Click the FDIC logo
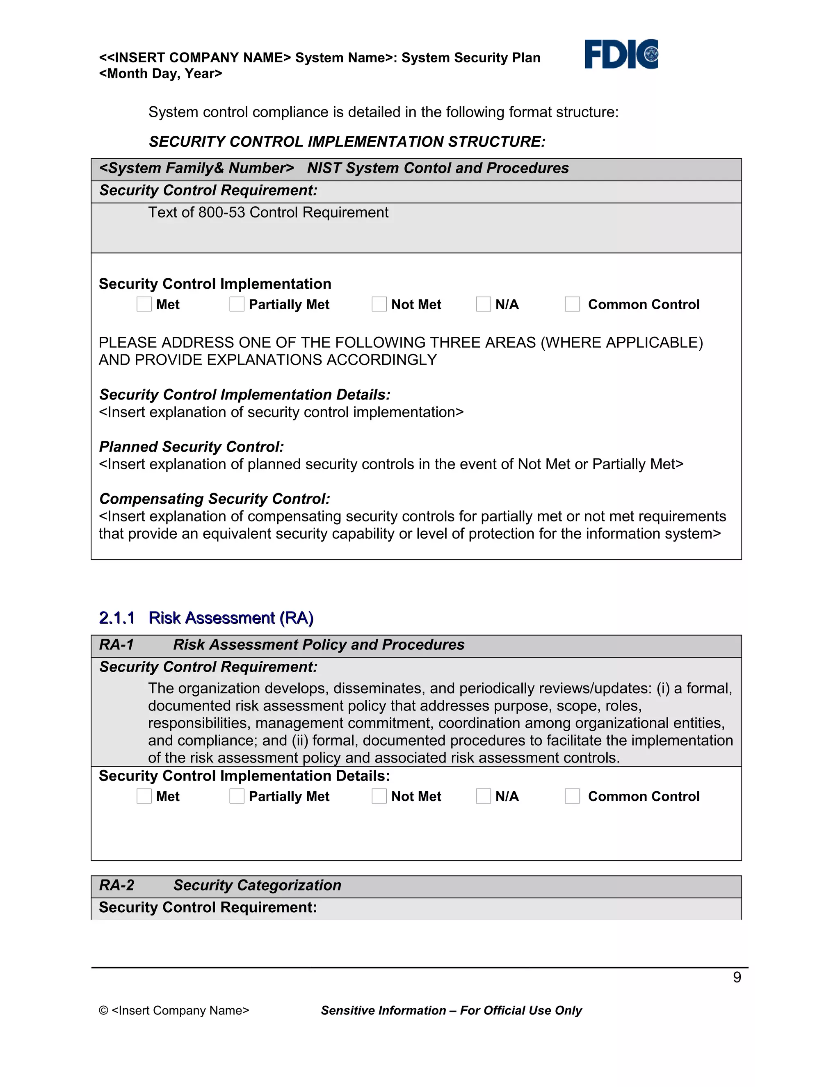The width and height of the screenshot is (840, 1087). tap(621, 54)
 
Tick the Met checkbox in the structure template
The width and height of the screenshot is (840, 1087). tap(144, 304)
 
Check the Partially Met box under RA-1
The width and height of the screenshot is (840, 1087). tap(237, 796)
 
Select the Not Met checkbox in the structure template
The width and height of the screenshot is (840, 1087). tap(379, 304)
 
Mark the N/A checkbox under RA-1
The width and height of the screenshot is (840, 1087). tap(483, 796)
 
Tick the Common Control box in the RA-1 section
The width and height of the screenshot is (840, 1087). tap(572, 796)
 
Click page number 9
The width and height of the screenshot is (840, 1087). tap(737, 977)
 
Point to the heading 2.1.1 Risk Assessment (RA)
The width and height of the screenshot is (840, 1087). tap(206, 618)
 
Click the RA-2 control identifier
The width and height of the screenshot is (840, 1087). tap(116, 885)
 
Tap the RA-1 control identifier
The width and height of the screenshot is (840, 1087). tap(116, 644)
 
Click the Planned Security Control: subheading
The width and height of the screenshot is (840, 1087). tap(191, 446)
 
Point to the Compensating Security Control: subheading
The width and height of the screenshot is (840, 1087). tap(214, 499)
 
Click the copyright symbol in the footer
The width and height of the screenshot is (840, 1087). tap(103, 1010)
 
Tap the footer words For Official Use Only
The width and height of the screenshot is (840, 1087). tap(520, 1010)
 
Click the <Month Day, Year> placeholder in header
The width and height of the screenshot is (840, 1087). tap(160, 74)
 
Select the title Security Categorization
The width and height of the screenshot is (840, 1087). tap(257, 885)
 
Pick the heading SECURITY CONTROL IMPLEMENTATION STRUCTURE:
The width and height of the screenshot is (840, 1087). tap(347, 142)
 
